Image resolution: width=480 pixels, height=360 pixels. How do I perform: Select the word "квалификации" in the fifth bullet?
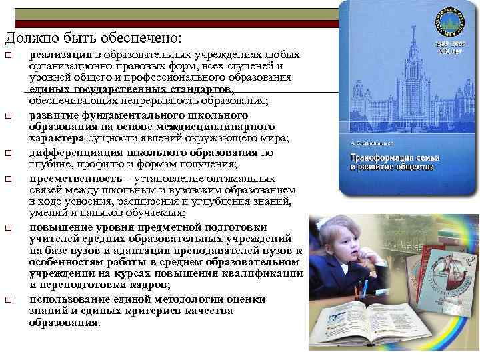click(x=260, y=274)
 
